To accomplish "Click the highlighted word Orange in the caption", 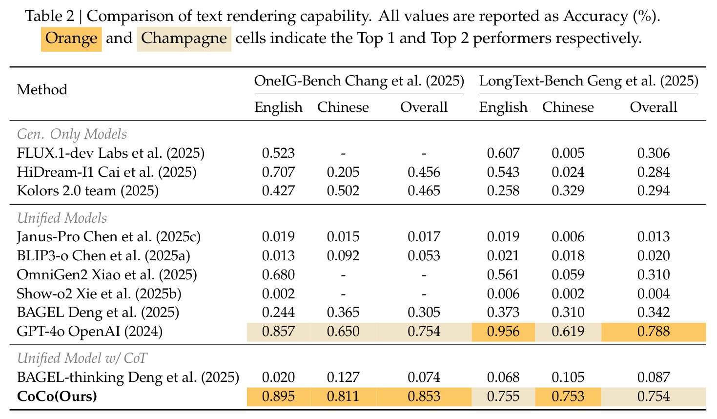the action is tap(71, 39).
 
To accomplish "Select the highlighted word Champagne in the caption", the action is tap(184, 39).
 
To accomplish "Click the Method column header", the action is tap(42, 89).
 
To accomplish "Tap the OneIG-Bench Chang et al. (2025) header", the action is tap(359, 81).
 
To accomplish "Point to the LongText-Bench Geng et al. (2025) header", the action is tap(589, 81).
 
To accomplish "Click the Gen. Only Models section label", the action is tap(72, 134).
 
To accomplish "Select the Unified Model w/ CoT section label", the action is tap(82, 358).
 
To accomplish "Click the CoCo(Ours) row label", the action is tap(57, 396).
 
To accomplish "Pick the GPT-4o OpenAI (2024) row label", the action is tap(90, 331).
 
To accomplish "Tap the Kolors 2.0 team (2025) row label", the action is tap(88, 191).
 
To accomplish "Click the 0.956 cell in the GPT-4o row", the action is tap(503, 332).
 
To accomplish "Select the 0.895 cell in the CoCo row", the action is tap(278, 397).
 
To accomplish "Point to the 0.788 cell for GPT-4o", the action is tap(653, 332).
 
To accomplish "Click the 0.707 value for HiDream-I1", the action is tap(278, 172).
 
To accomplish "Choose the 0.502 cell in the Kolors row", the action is tap(343, 191).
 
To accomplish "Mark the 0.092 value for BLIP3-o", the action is tap(343, 255).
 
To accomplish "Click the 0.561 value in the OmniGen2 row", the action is tap(503, 275).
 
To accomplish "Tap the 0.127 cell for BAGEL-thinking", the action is tap(343, 377).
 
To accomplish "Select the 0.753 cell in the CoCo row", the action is tap(568, 397).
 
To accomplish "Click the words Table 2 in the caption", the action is tap(50, 16).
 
